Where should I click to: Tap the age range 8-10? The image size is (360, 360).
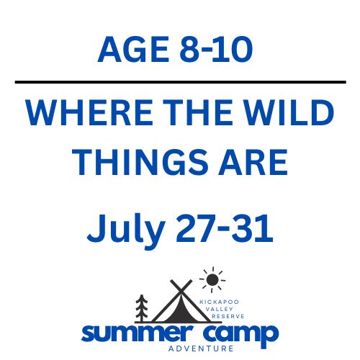coord(215,50)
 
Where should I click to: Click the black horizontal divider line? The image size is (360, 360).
coord(180,83)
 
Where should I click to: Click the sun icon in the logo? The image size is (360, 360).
coord(212,279)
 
